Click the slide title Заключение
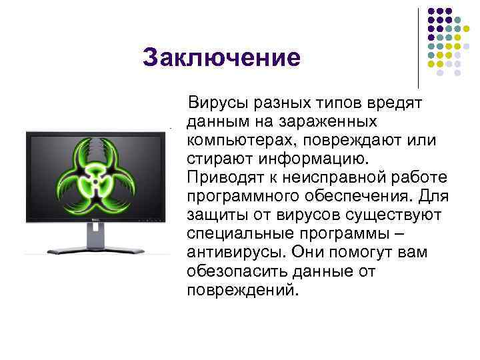click(x=221, y=58)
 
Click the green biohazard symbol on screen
click(x=94, y=175)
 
